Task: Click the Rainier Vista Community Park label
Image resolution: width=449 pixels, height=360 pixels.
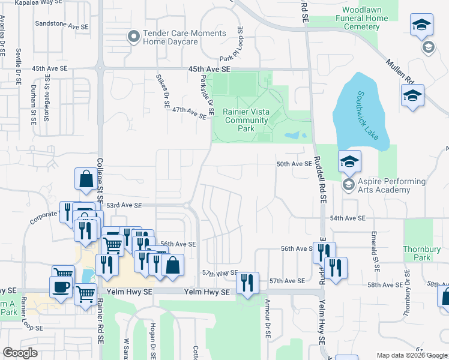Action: pyautogui.click(x=246, y=120)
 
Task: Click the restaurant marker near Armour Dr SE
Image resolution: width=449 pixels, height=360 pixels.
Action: pyautogui.click(x=247, y=283)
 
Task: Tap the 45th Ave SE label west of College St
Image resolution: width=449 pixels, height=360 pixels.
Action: pyautogui.click(x=50, y=68)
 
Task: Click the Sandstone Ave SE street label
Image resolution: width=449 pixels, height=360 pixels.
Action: pyautogui.click(x=62, y=26)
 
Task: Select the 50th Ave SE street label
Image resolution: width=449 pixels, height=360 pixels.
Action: pyautogui.click(x=294, y=164)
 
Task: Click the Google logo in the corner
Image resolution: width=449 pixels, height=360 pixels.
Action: pyautogui.click(x=20, y=352)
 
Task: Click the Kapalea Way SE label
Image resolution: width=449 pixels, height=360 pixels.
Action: pyautogui.click(x=41, y=3)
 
